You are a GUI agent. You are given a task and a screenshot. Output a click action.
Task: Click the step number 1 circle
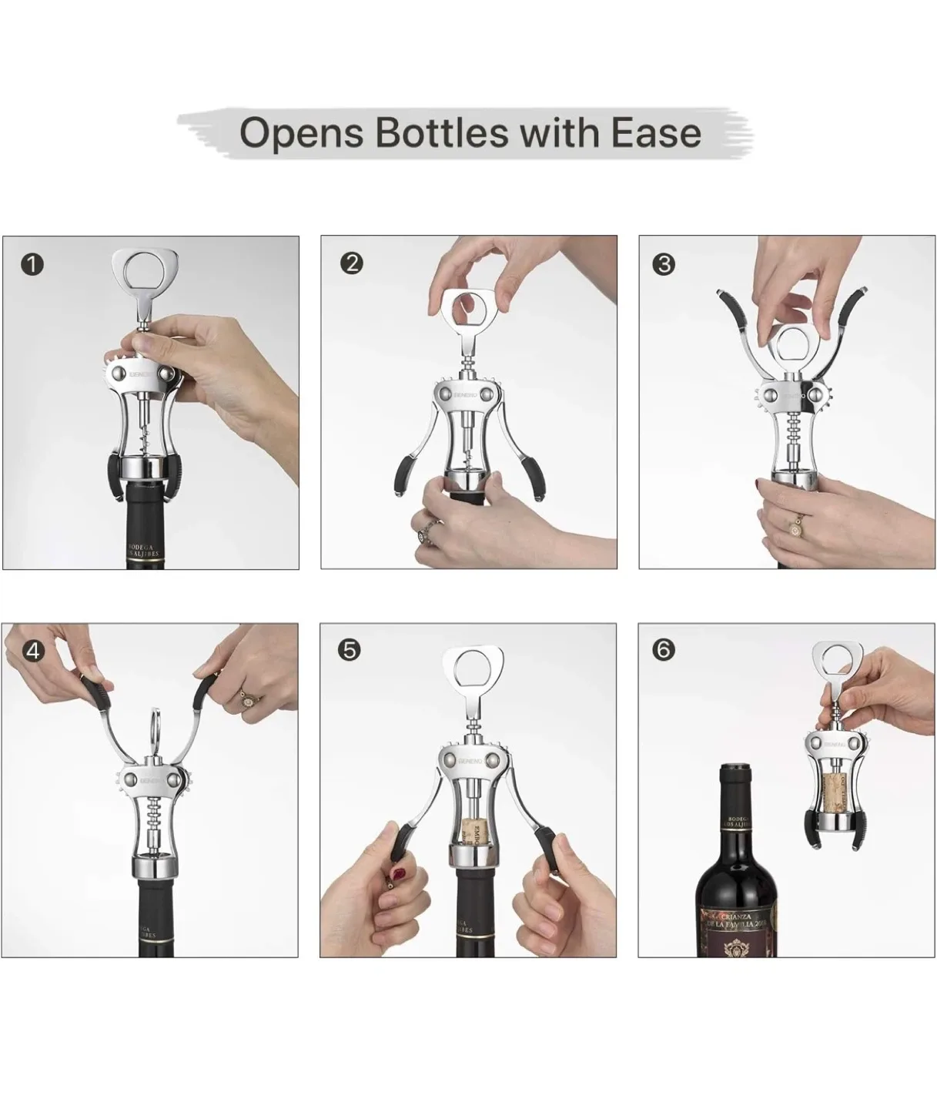point(32,265)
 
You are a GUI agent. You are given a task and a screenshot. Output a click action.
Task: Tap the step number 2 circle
point(351,263)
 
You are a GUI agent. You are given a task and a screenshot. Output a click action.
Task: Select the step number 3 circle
point(663,264)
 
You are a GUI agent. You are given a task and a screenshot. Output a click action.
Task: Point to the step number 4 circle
point(32,652)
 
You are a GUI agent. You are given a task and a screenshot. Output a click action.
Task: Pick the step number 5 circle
point(349,650)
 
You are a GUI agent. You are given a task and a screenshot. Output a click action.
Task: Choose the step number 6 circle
point(663,650)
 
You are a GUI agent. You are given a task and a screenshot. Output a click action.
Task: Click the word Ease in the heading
point(656,132)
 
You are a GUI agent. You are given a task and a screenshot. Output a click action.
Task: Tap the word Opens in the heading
point(301,134)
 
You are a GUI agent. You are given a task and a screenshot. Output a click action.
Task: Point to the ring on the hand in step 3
point(793,526)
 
